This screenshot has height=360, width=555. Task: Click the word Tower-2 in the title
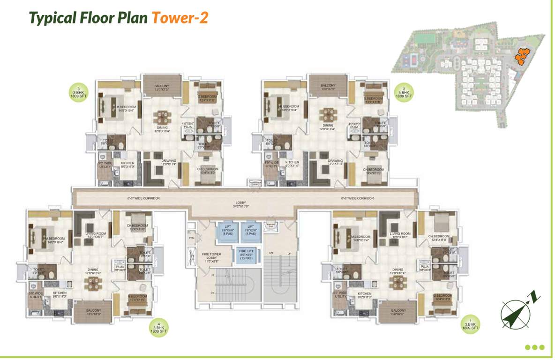(x=179, y=18)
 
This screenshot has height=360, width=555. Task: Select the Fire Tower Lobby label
(x=211, y=257)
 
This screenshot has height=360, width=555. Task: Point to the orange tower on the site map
(x=521, y=56)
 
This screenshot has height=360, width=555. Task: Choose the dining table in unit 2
(x=328, y=115)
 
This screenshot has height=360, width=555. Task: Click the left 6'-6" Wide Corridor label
(x=143, y=198)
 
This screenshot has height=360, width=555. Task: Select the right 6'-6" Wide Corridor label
(x=357, y=198)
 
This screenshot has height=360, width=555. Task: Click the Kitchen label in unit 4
(x=60, y=294)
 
